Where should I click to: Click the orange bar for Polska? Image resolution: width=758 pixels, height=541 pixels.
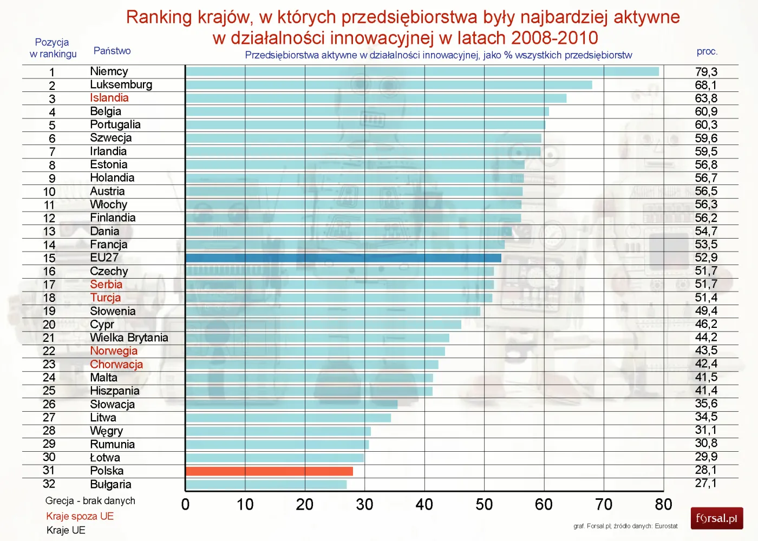click(x=269, y=471)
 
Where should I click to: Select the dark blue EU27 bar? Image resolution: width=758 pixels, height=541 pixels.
click(x=343, y=258)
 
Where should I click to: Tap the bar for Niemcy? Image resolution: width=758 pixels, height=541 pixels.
click(x=422, y=71)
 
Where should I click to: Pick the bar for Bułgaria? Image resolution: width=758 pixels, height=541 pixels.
click(x=266, y=484)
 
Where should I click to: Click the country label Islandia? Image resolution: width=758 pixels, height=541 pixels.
click(x=109, y=98)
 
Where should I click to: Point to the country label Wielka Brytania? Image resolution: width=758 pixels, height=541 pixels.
click(x=129, y=338)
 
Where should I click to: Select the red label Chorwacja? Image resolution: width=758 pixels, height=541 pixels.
click(x=116, y=364)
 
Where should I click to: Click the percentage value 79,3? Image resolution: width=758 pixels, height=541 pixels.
click(x=706, y=72)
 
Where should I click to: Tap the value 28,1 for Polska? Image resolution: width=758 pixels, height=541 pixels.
click(x=706, y=471)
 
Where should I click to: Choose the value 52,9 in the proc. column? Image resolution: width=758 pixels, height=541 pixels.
click(x=706, y=258)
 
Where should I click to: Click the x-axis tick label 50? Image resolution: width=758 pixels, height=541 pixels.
click(x=484, y=505)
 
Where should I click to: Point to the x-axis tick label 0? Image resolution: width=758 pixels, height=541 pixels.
click(x=186, y=505)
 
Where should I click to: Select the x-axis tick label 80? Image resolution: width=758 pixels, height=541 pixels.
click(x=663, y=505)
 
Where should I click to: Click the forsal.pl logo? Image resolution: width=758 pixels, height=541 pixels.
click(x=717, y=518)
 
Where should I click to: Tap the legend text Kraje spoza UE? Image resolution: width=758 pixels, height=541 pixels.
click(x=80, y=516)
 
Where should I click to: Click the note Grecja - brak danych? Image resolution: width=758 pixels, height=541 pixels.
click(x=90, y=501)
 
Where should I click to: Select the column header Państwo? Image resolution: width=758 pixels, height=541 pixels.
click(x=112, y=51)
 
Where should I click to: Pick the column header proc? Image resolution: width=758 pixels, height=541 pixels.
click(x=707, y=51)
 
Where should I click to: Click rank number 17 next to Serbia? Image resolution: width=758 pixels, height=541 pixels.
click(x=49, y=285)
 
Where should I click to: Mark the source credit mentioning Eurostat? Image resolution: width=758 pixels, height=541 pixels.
click(x=625, y=526)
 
